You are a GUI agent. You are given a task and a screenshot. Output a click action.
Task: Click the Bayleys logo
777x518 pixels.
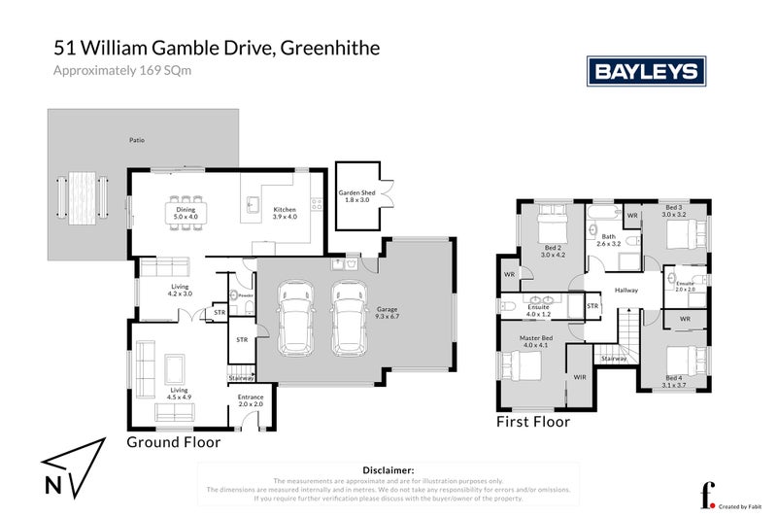click(646, 71)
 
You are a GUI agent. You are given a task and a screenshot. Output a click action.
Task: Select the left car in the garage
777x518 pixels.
click(295, 317)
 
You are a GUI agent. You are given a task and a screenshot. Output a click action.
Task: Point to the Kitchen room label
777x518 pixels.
click(285, 213)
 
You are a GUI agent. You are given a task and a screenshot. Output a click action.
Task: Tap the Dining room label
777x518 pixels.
click(185, 213)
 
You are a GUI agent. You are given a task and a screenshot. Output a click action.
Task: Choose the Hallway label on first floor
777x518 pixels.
click(625, 289)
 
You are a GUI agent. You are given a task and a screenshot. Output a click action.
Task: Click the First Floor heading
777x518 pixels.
click(532, 422)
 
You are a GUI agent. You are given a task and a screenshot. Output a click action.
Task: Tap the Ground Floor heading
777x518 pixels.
click(174, 441)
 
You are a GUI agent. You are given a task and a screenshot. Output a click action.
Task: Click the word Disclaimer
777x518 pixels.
click(388, 468)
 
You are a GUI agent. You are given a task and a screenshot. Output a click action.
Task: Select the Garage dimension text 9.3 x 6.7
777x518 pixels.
click(388, 316)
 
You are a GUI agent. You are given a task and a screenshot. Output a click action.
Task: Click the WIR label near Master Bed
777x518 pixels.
click(580, 376)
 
